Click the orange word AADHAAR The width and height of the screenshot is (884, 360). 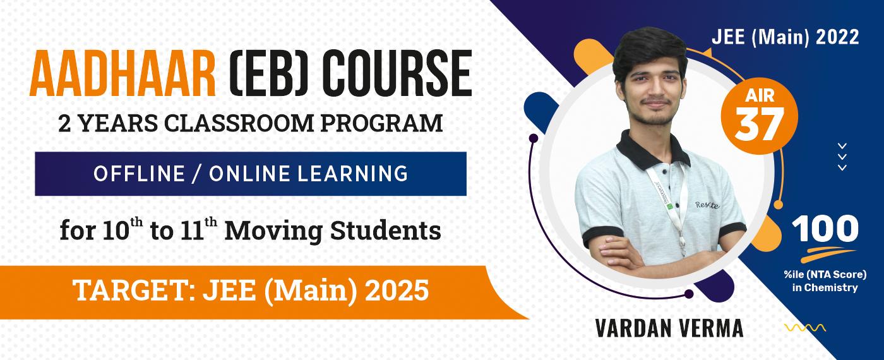(122, 73)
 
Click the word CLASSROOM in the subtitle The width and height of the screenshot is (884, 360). (239, 123)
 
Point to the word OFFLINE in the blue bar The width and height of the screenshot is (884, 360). (139, 174)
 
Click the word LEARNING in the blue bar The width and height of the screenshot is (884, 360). (352, 174)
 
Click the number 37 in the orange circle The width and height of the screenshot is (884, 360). (759, 124)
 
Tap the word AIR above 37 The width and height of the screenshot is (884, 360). (760, 96)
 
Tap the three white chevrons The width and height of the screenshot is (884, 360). (842, 157)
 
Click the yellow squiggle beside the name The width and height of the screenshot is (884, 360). (805, 328)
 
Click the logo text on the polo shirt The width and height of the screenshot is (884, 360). (707, 205)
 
